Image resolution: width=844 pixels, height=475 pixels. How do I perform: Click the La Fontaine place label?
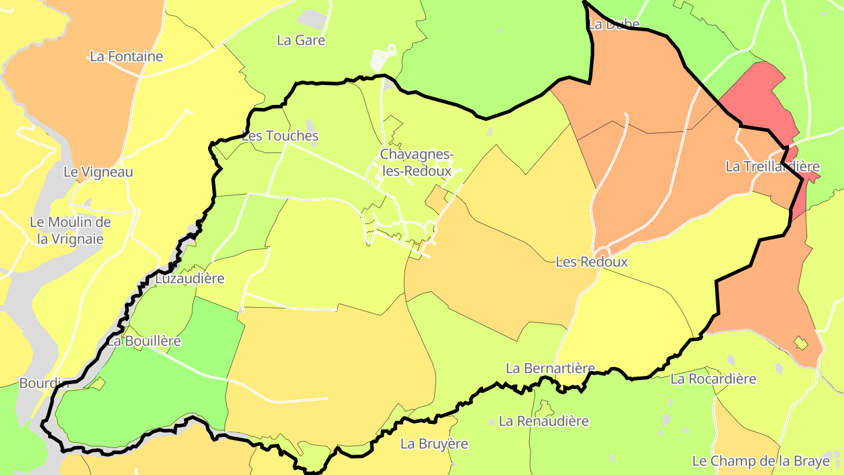click(127, 57)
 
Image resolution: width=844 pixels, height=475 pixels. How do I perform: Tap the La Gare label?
click(301, 40)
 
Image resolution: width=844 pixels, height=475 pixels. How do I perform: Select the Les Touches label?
click(280, 136)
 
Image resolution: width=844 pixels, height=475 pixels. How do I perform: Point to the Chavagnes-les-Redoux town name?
click(416, 162)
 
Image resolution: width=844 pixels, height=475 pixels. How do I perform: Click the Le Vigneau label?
click(98, 172)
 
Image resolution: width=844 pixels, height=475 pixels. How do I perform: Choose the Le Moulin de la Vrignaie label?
click(70, 230)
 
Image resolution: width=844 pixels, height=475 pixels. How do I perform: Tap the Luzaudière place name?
click(189, 279)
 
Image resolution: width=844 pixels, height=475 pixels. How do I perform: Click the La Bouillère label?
click(144, 341)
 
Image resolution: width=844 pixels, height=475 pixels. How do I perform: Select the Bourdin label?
click(44, 384)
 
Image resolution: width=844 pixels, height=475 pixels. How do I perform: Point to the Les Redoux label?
click(591, 262)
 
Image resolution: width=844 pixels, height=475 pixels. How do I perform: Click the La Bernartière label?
click(550, 368)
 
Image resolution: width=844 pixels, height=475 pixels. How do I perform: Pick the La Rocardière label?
click(713, 379)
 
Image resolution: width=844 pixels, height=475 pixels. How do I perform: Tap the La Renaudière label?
click(544, 421)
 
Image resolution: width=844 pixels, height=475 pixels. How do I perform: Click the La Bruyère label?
click(434, 444)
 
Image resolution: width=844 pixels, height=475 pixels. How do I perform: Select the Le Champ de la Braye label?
click(761, 461)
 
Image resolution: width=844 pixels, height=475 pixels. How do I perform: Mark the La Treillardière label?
click(772, 167)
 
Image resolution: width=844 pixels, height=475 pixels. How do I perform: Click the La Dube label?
click(614, 25)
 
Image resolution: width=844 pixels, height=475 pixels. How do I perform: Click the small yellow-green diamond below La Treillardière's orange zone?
click(800, 343)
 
